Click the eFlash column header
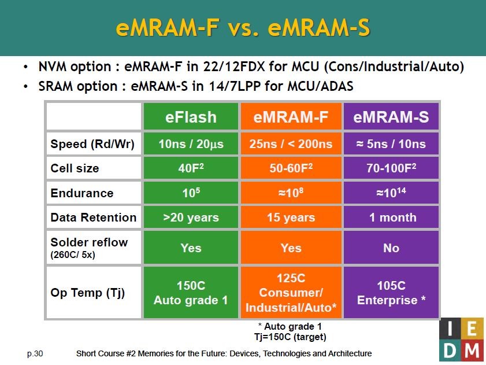click(191, 117)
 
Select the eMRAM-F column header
click(291, 117)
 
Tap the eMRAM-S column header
click(391, 117)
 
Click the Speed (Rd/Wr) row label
click(92, 144)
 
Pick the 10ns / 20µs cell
click(191, 144)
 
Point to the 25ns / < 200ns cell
click(291, 144)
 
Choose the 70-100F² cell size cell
click(391, 168)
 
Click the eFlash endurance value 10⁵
click(191, 193)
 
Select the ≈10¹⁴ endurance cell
click(391, 193)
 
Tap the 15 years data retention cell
click(291, 217)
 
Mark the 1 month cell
click(391, 217)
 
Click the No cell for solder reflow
click(391, 248)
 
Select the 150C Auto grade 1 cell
click(191, 293)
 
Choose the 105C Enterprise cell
click(391, 293)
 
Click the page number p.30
click(35, 353)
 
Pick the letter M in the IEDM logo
click(472, 349)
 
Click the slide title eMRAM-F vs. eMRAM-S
click(243, 27)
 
